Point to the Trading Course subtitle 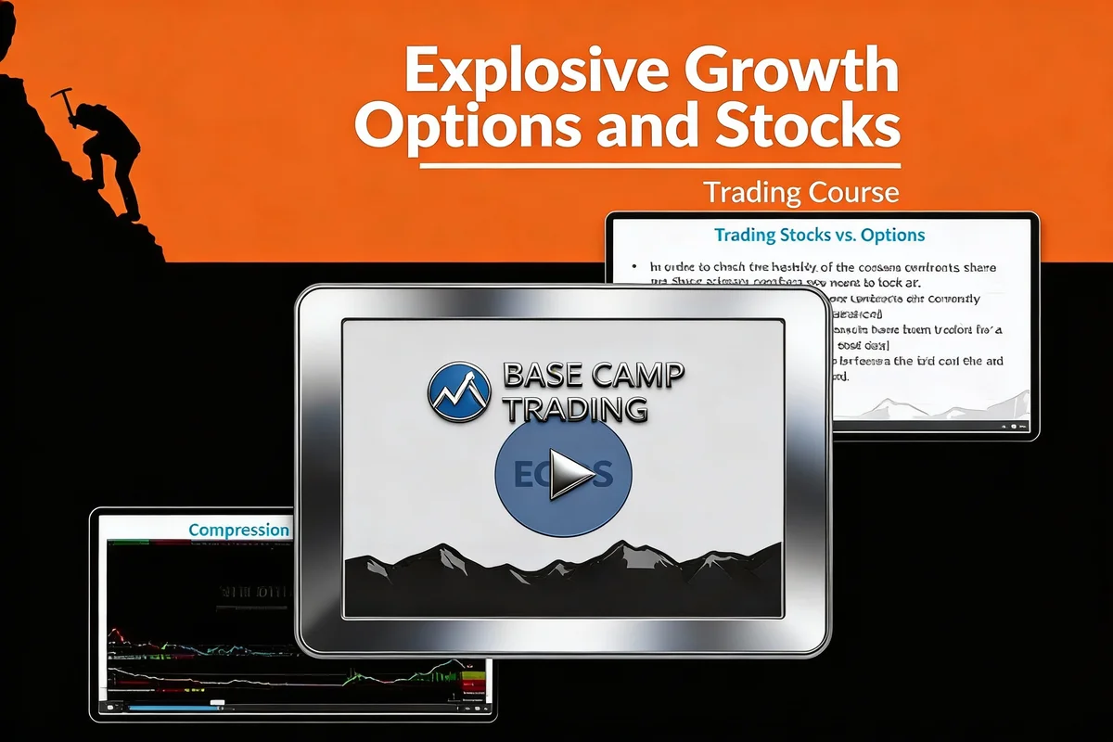point(800,192)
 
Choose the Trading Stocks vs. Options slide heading point(820,236)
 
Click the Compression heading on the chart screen point(238,530)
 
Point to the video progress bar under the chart point(176,708)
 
